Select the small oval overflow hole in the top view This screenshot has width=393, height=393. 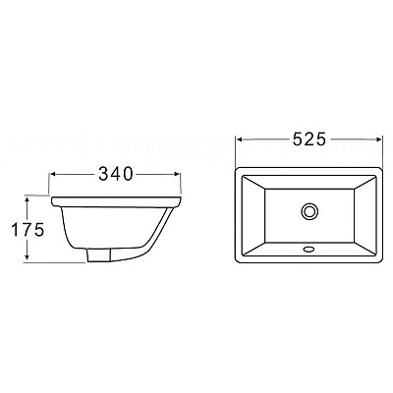point(310,250)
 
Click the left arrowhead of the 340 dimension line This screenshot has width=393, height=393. point(53,177)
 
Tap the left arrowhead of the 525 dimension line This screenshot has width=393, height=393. point(239,140)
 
